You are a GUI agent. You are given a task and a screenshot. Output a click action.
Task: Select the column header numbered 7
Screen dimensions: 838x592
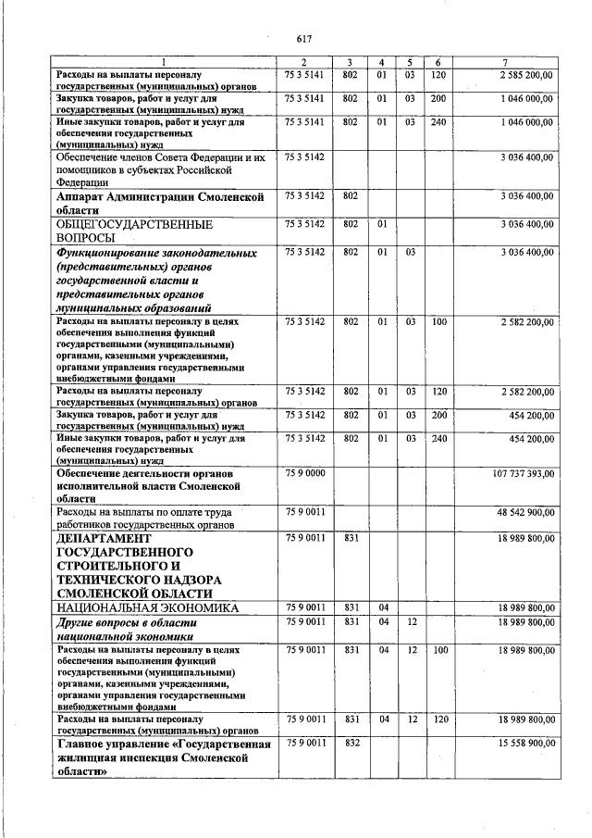click(x=517, y=61)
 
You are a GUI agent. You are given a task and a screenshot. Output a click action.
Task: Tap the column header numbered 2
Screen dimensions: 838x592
click(x=303, y=61)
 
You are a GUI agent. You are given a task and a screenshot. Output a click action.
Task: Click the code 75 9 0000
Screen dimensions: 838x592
click(x=303, y=473)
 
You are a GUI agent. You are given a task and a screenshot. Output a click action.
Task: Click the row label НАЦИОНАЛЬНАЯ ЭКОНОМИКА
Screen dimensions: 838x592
click(x=148, y=608)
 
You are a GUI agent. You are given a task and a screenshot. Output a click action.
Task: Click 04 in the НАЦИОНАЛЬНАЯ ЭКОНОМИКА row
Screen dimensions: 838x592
click(x=384, y=607)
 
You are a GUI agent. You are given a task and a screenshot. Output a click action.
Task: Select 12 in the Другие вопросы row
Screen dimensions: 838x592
click(x=412, y=623)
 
